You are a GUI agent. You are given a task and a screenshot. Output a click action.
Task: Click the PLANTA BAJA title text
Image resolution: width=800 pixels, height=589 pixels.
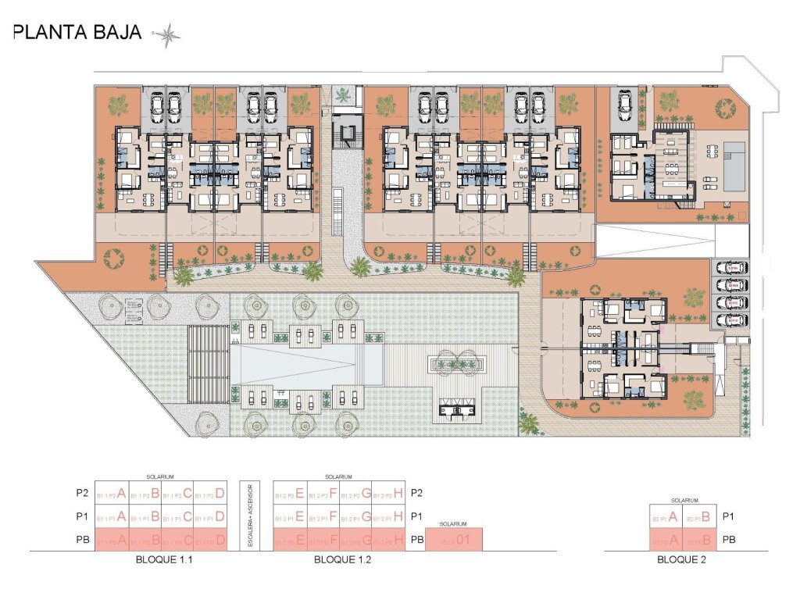pos(77,33)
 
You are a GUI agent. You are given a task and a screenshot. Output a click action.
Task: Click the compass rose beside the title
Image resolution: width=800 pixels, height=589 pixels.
pos(168,34)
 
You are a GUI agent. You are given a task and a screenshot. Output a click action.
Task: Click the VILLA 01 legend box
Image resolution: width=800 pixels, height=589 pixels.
pos(454,539)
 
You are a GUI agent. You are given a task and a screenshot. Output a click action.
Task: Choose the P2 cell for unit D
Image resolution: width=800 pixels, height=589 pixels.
pos(211,493)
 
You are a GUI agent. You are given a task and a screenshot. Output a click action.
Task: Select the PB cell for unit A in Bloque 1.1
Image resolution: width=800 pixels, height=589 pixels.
pos(111,540)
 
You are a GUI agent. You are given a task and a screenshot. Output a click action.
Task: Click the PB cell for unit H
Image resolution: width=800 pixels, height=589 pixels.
pos(388,540)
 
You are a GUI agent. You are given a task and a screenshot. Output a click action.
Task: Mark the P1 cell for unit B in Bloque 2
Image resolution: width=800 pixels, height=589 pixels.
pos(696,516)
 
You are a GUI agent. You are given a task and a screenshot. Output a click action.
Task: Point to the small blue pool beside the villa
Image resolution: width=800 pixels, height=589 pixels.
pos(734,166)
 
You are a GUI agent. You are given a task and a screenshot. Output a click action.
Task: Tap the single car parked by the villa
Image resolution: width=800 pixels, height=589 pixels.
pos(627,103)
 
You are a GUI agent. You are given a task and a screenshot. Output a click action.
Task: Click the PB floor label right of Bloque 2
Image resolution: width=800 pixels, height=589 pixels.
pos(729,540)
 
